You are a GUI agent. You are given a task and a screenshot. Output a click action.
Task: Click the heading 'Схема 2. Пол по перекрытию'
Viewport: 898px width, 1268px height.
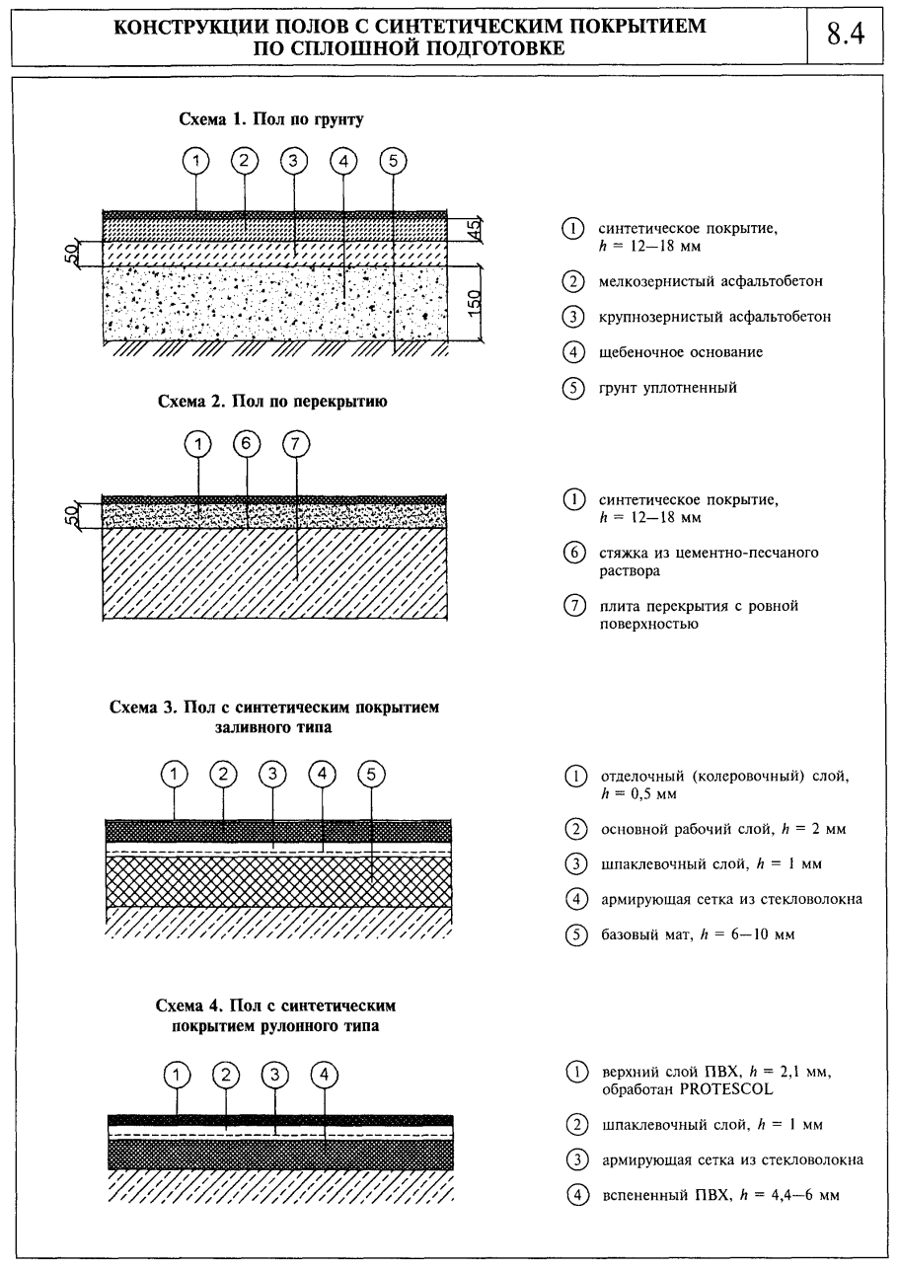271,402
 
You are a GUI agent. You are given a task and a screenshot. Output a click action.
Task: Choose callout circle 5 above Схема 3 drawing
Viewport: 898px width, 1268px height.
370,775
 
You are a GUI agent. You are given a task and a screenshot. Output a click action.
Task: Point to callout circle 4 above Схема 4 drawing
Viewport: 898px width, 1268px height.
324,1073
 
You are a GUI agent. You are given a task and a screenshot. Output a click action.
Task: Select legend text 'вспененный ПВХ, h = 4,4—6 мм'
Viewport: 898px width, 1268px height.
719,1194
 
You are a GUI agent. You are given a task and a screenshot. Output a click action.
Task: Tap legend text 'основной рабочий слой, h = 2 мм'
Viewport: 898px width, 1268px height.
723,829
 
